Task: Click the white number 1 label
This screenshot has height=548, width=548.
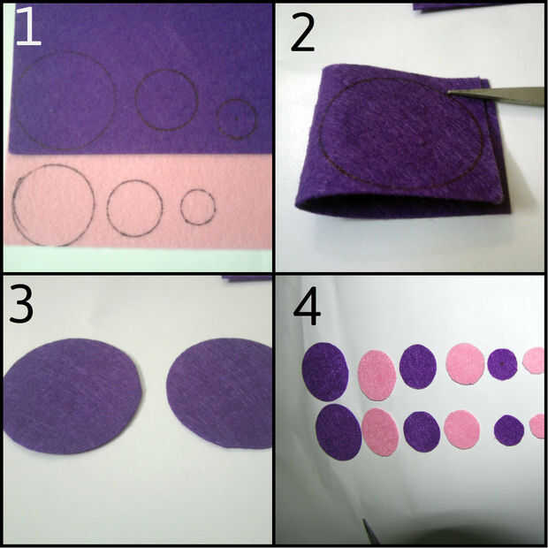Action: (28, 27)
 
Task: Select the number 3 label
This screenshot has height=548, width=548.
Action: (21, 303)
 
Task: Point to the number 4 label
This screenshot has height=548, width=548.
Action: (307, 306)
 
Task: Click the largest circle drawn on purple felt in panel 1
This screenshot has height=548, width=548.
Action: (16, 102)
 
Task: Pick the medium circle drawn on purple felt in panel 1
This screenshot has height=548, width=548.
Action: (135, 100)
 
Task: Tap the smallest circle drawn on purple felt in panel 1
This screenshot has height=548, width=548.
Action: (217, 119)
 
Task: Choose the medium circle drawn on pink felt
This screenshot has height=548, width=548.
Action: (108, 209)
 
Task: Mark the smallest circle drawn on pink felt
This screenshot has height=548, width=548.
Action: (181, 207)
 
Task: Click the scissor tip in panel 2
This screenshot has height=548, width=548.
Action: (449, 92)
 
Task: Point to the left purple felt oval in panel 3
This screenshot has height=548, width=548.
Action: (72, 396)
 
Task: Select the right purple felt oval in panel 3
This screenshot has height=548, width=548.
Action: (219, 392)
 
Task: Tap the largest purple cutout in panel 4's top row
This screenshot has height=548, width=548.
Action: (325, 371)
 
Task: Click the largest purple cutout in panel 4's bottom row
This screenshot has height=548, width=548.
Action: (339, 432)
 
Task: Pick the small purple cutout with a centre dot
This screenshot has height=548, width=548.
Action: (502, 364)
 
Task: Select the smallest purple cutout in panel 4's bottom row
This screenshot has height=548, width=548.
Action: (509, 430)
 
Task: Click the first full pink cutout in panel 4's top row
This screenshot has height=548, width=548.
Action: (377, 376)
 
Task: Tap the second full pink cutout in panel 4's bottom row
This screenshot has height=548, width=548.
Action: (461, 430)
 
